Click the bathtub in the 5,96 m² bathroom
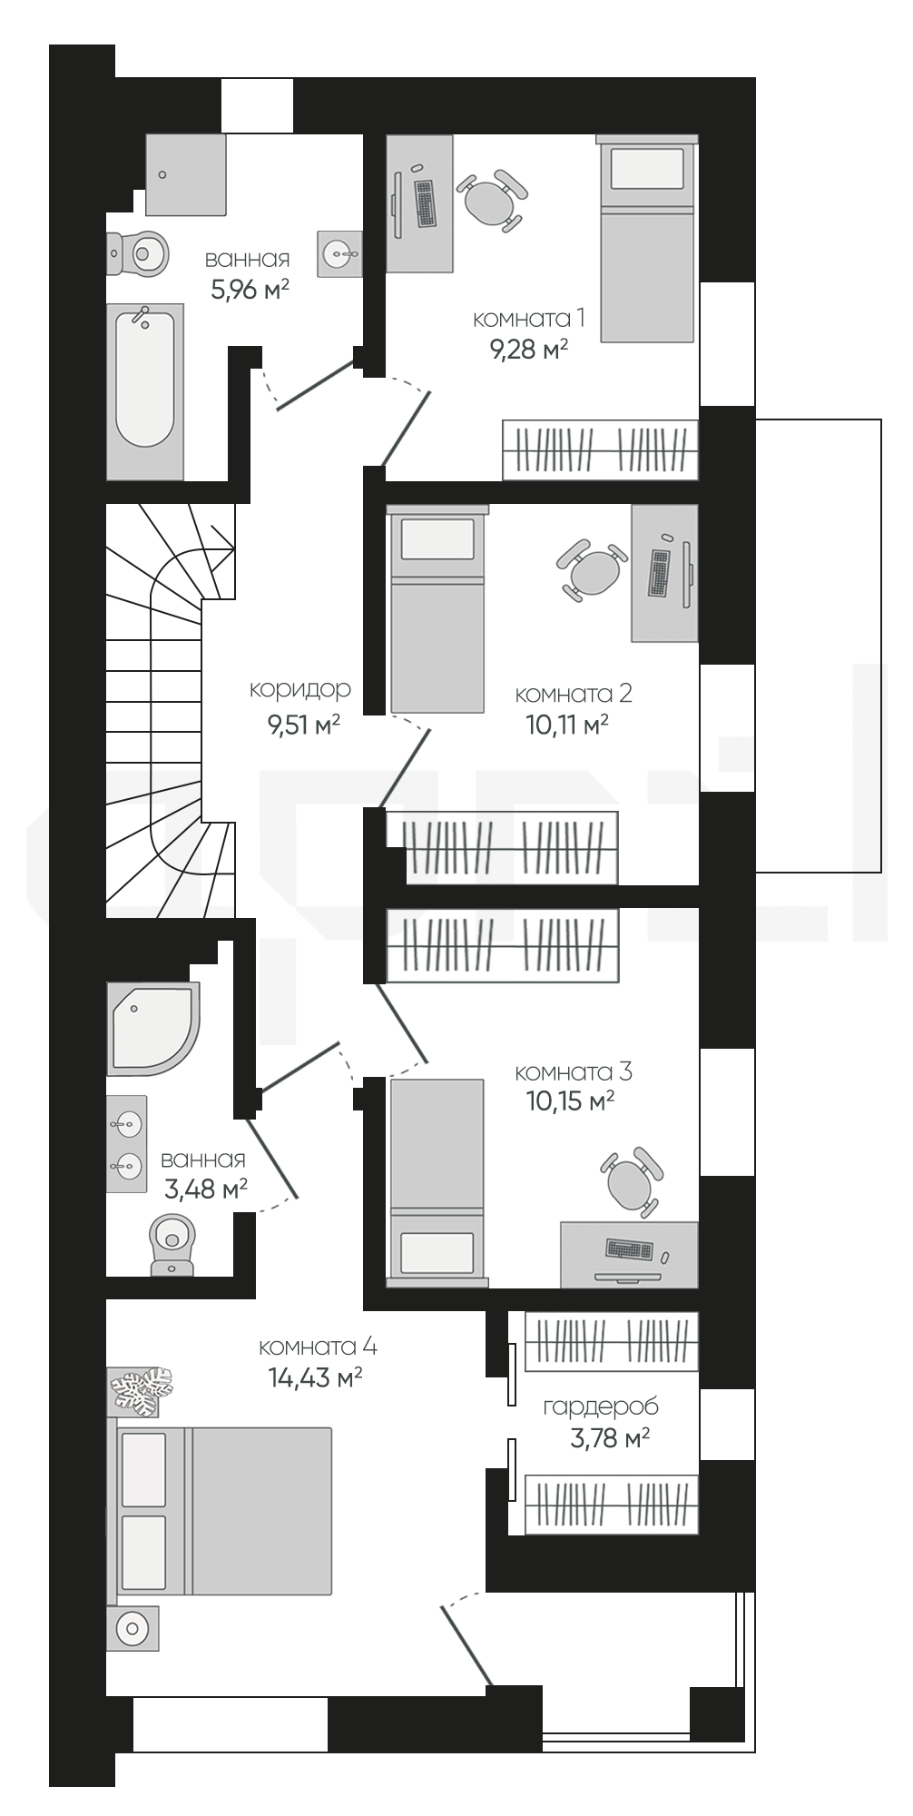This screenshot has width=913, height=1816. point(145,391)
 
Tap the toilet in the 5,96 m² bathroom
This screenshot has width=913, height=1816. point(138,252)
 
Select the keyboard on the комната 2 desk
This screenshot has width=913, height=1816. point(660,573)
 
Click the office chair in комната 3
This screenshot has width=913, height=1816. point(632,1181)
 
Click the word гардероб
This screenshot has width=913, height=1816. point(601,1407)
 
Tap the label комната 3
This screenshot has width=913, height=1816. point(574,1071)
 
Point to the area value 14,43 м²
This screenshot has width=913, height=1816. point(316,1377)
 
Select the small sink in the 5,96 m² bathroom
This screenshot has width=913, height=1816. point(340,252)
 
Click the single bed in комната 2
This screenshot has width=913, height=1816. point(437,609)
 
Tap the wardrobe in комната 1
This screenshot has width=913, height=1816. point(601,449)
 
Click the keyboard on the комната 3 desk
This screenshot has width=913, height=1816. point(629,1249)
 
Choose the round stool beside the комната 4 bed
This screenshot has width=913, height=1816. point(133,1629)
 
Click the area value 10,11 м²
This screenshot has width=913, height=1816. point(567,725)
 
